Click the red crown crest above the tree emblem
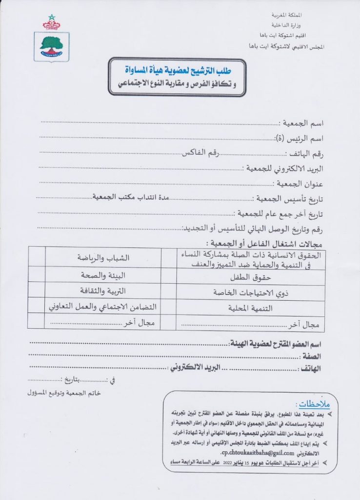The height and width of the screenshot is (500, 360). pyautogui.click(x=51, y=21)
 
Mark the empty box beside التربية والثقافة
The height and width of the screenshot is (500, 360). pyautogui.click(x=37, y=292)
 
